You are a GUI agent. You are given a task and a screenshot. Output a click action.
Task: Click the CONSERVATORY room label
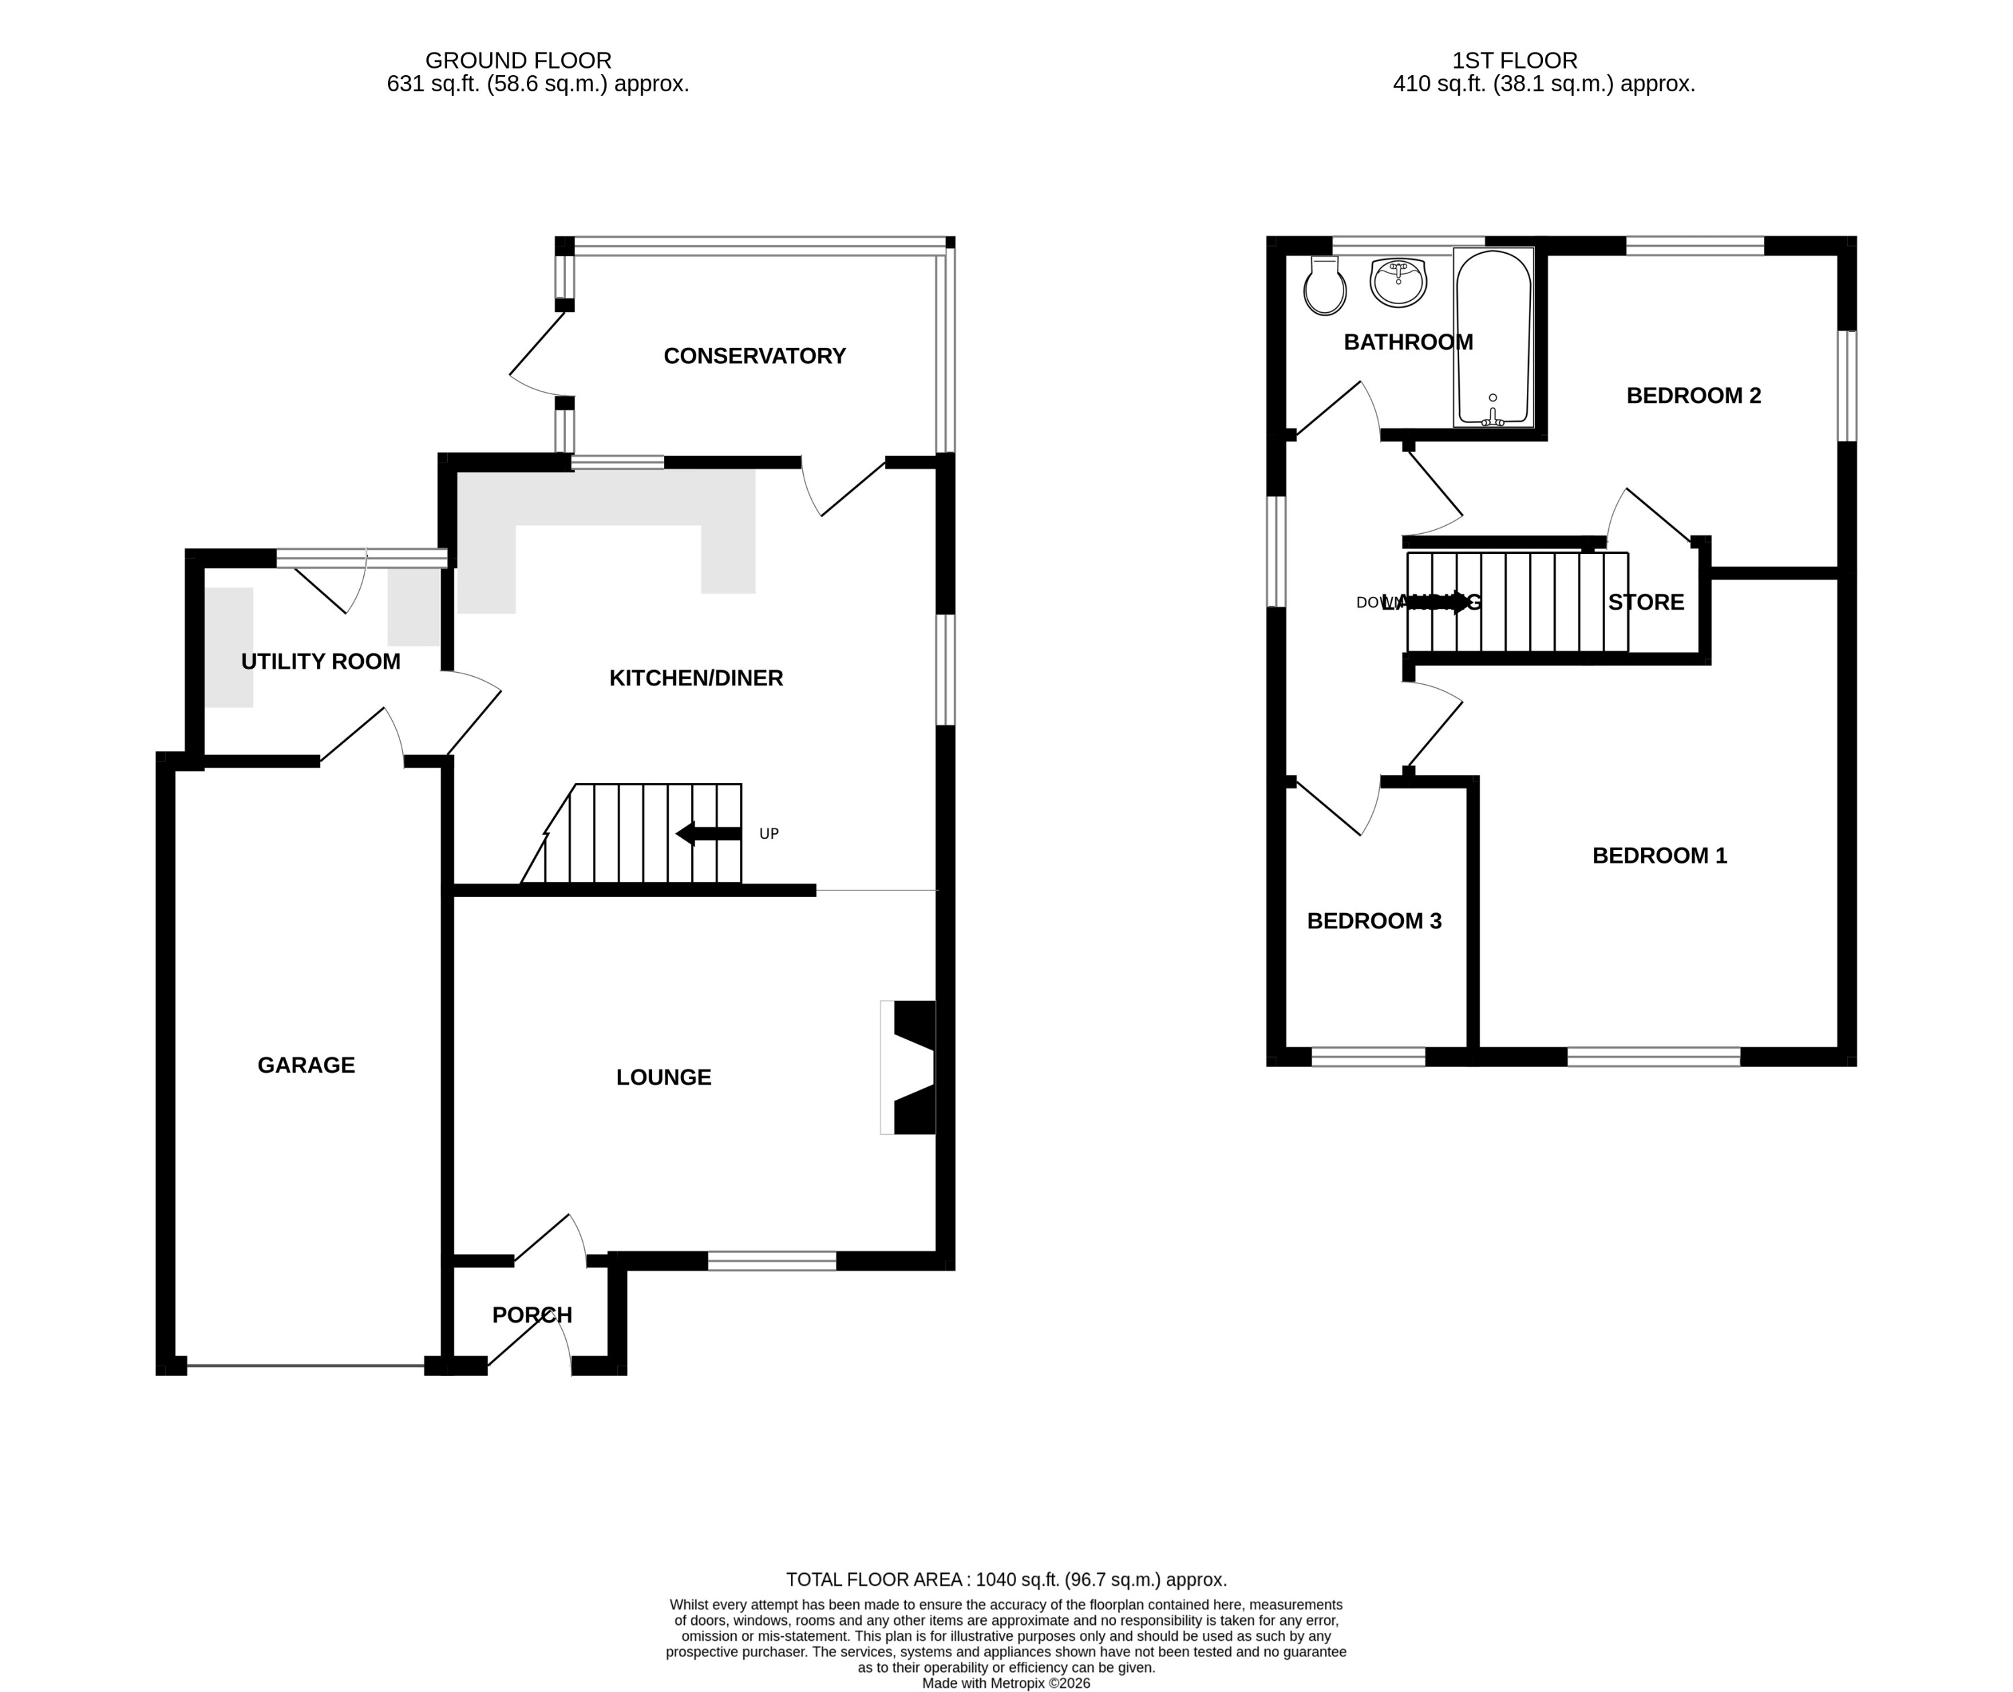pyautogui.click(x=754, y=356)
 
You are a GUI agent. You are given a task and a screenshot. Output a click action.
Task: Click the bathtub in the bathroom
pyautogui.click(x=1493, y=338)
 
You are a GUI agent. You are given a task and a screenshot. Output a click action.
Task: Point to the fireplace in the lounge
pyautogui.click(x=911, y=1068)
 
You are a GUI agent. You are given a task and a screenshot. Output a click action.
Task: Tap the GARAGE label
pyautogui.click(x=306, y=1065)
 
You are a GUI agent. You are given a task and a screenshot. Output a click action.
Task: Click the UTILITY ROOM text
pyautogui.click(x=320, y=661)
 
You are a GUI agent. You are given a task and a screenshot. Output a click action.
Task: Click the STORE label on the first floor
pyautogui.click(x=1646, y=602)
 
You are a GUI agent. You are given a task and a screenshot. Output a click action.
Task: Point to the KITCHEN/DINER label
pyautogui.click(x=696, y=678)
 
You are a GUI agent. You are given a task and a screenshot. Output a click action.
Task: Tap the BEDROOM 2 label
pyautogui.click(x=1693, y=395)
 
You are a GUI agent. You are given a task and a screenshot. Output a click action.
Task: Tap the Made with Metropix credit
pyautogui.click(x=1006, y=1521)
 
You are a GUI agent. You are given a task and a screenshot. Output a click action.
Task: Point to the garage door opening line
pyautogui.click(x=306, y=1365)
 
